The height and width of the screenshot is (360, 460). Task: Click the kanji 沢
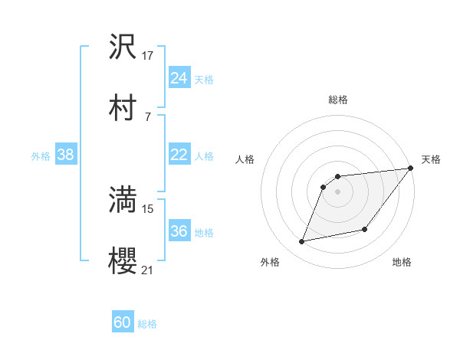tap(123, 47)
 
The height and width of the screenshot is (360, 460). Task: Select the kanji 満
tap(123, 201)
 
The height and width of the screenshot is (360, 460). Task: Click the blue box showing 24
tap(179, 78)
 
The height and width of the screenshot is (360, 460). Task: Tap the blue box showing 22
tap(179, 155)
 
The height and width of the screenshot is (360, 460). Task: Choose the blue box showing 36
tap(179, 231)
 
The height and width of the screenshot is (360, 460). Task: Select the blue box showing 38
tap(65, 155)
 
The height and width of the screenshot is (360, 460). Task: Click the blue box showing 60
tap(122, 322)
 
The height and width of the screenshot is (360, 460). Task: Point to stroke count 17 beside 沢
tap(148, 56)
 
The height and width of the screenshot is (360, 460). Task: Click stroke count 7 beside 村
tap(147, 116)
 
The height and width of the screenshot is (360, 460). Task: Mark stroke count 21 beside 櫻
tap(148, 270)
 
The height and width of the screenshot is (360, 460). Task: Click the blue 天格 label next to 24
tap(204, 79)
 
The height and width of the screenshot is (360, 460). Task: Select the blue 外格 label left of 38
tap(41, 155)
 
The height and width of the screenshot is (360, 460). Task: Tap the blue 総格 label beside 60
tap(147, 323)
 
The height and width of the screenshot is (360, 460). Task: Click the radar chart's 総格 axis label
tap(337, 100)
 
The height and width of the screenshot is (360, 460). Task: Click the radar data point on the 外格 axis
tap(302, 242)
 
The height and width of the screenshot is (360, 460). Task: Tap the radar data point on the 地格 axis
tap(366, 229)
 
